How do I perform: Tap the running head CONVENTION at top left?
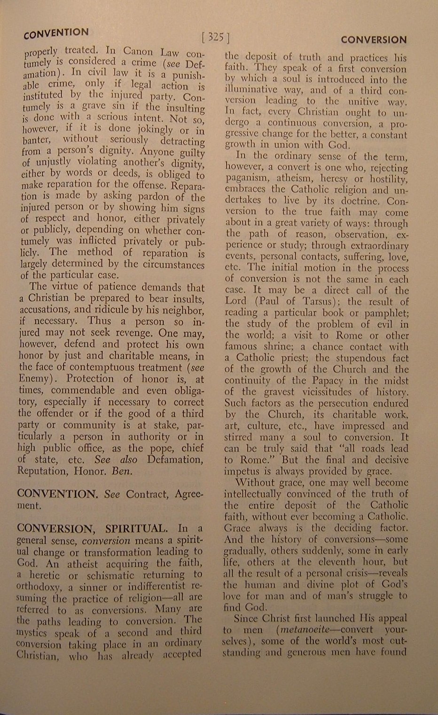tap(56, 33)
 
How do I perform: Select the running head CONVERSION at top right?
tap(374, 40)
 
